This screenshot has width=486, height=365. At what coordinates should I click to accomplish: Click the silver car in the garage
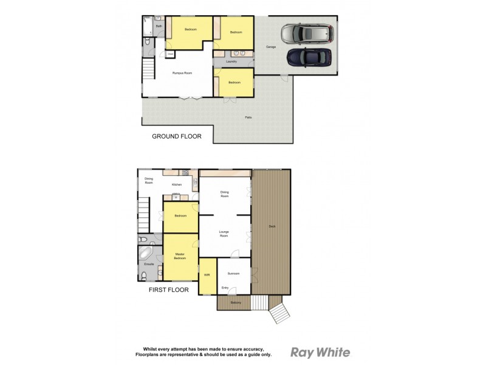pyautogui.click(x=308, y=33)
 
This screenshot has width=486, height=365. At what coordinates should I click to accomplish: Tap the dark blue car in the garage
pyautogui.click(x=309, y=58)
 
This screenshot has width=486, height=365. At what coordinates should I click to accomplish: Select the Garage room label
pyautogui.click(x=272, y=47)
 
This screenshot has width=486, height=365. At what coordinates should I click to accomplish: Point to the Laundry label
pyautogui.click(x=231, y=61)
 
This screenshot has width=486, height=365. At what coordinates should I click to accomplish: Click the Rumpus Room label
pyautogui.click(x=182, y=73)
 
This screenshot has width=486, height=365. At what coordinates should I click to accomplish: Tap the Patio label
pyautogui.click(x=248, y=117)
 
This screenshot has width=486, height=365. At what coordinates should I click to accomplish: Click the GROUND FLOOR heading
pyautogui.click(x=176, y=137)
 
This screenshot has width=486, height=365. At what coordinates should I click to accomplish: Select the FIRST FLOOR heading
pyautogui.click(x=169, y=290)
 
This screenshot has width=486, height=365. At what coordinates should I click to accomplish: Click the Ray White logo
pyautogui.click(x=320, y=352)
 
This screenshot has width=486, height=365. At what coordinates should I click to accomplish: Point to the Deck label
pyautogui.click(x=272, y=227)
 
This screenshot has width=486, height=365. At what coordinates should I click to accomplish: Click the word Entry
pyautogui.click(x=225, y=288)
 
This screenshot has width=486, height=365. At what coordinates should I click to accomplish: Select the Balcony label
pyautogui.click(x=236, y=302)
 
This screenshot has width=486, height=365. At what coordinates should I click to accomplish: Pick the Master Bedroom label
pyautogui.click(x=180, y=256)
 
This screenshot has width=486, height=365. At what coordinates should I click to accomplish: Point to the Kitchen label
pyautogui.click(x=177, y=184)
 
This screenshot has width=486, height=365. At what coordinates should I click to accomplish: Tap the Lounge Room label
pyautogui.click(x=224, y=234)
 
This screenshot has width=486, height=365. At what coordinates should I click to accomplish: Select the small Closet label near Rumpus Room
pyautogui.click(x=171, y=54)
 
